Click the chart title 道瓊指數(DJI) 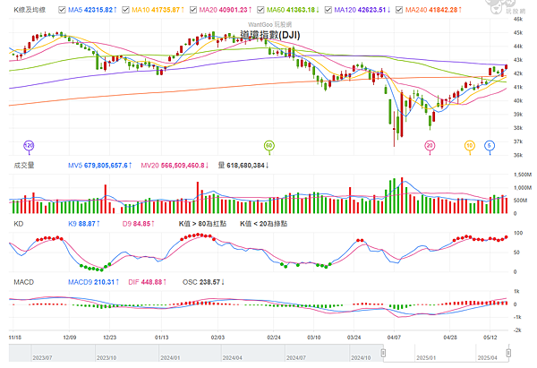pyautogui.click(x=271, y=34)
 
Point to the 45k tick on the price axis pyautogui.click(x=517, y=33)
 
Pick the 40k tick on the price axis pyautogui.click(x=517, y=100)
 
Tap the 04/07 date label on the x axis pyautogui.click(x=394, y=337)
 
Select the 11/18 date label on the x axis pyautogui.click(x=15, y=337)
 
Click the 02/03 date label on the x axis pyautogui.click(x=217, y=337)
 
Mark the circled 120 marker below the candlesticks pyautogui.click(x=29, y=144)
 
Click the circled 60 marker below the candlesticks pyautogui.click(x=268, y=144)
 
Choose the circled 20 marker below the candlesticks pyautogui.click(x=430, y=144)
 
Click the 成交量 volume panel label pyautogui.click(x=24, y=165)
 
